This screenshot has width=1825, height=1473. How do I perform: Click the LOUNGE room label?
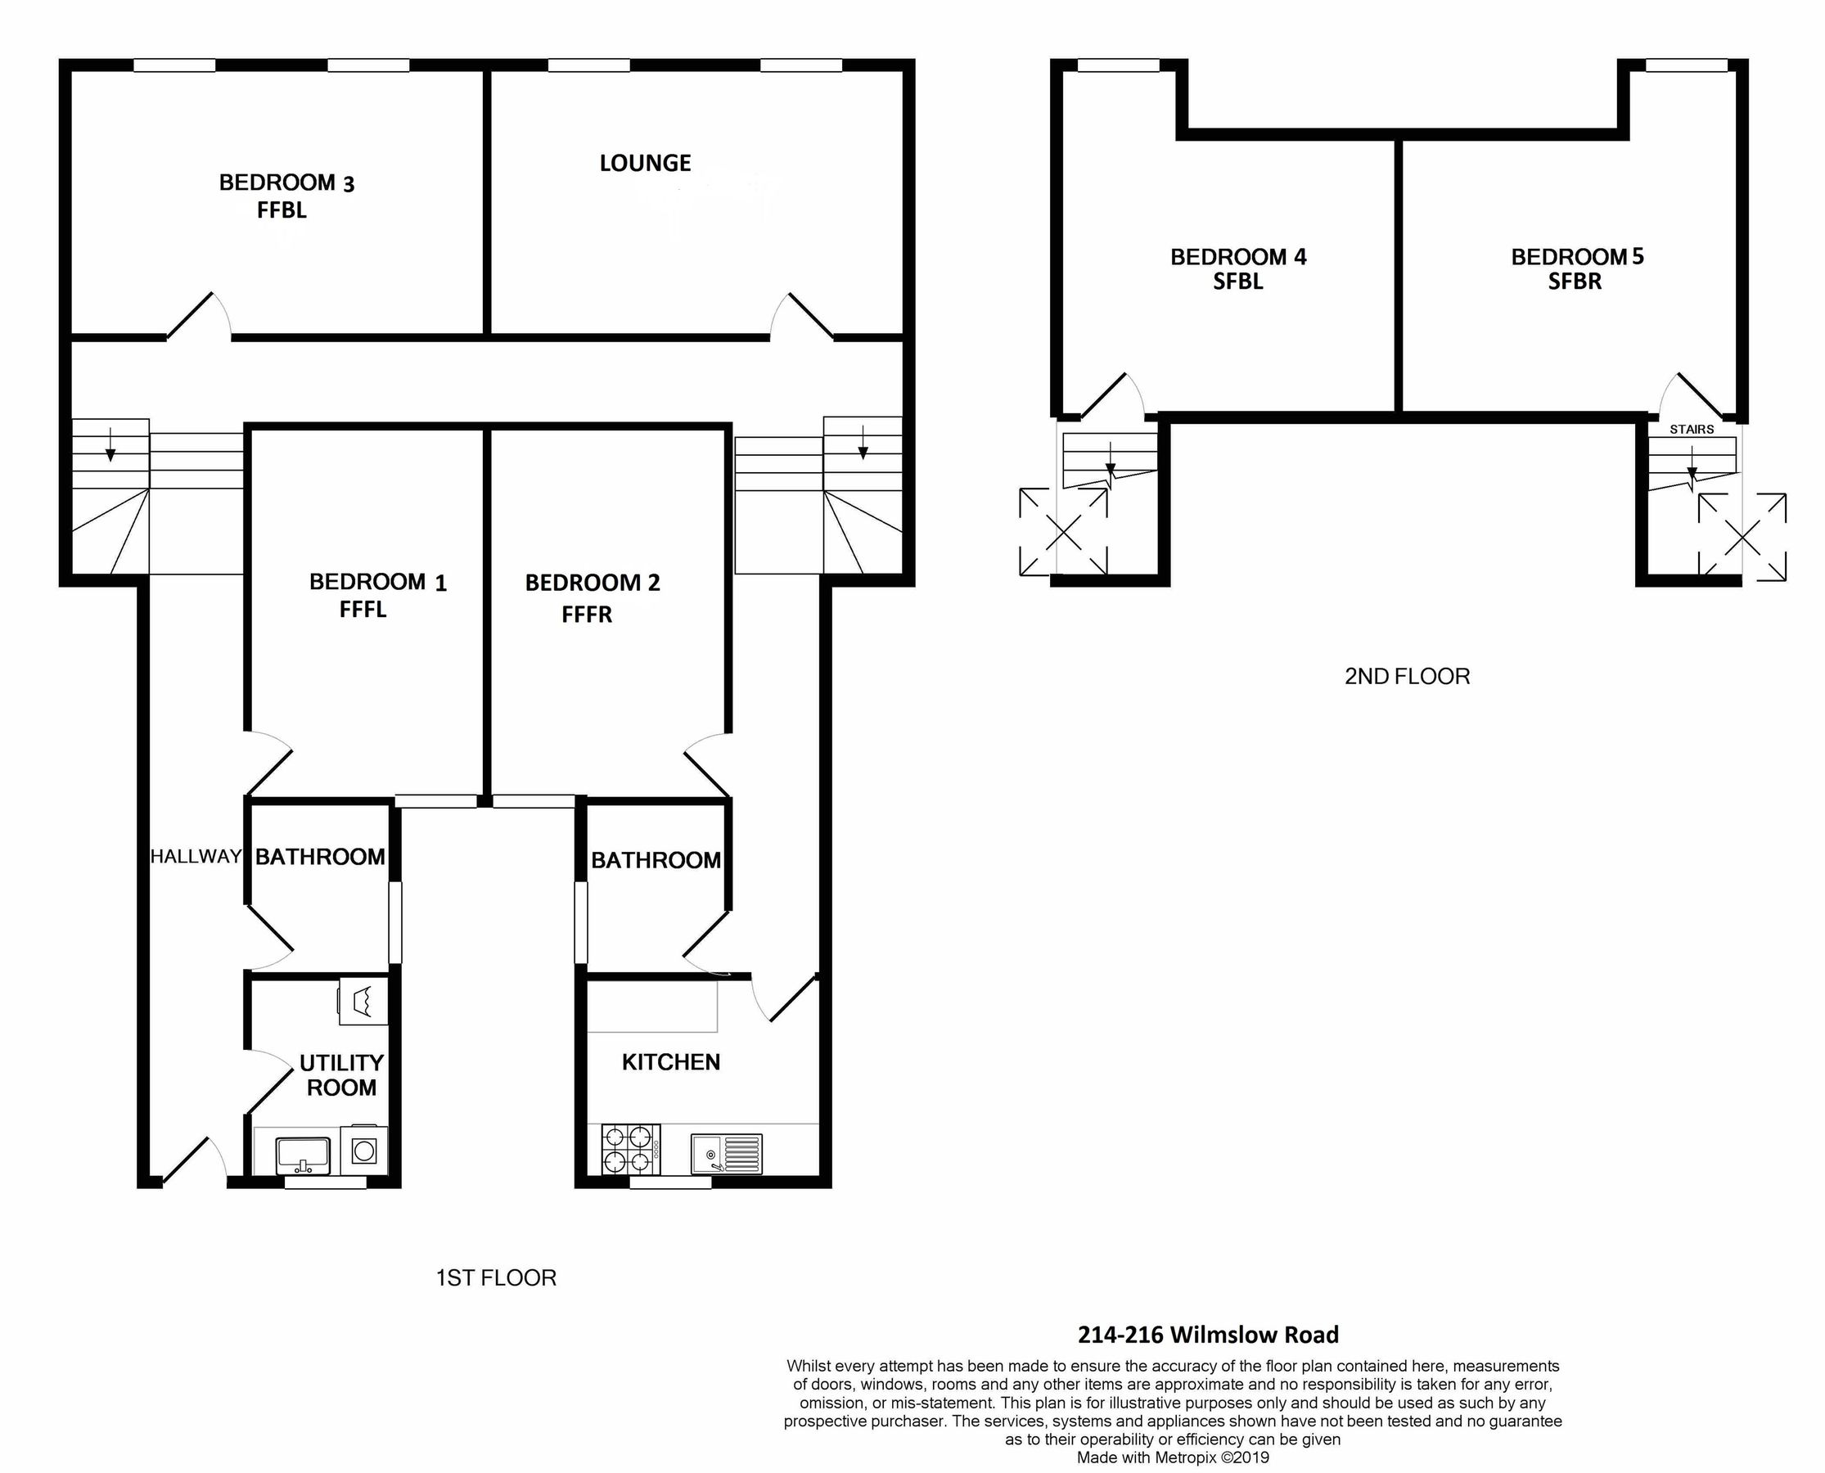pos(645,163)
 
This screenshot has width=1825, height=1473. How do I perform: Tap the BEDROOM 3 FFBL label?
pos(286,196)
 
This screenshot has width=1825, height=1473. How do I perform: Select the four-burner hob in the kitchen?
pos(630,1149)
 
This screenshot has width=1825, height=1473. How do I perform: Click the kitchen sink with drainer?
pos(726,1154)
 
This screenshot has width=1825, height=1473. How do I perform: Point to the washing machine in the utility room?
pos(365,1151)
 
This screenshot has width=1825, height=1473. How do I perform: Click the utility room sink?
pos(303,1155)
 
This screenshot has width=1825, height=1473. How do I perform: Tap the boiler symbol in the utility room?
pos(363,1002)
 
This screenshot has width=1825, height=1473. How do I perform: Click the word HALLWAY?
pos(196,856)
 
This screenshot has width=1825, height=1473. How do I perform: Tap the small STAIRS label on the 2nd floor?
pos(1691,430)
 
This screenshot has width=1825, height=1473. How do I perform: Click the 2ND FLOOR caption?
pos(1407,676)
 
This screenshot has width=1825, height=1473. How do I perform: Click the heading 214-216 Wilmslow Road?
pos(1207,1335)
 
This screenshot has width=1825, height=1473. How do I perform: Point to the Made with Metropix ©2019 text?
pos(1173,1457)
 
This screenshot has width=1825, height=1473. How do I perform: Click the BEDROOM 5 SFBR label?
pos(1576,268)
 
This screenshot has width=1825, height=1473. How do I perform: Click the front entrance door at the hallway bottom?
pos(193,1159)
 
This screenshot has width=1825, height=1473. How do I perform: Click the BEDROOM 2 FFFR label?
pos(592,597)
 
